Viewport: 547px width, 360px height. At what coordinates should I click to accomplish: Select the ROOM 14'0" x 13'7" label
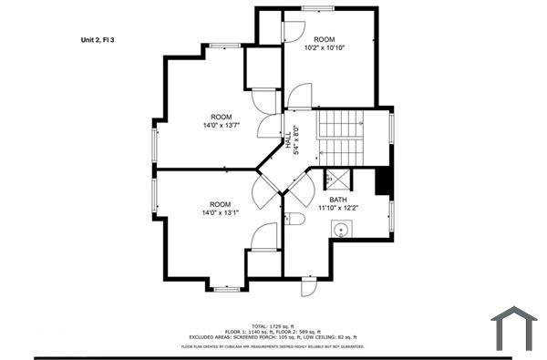pyautogui.click(x=221, y=122)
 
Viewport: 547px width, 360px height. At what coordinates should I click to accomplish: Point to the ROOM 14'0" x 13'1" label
pyautogui.click(x=220, y=209)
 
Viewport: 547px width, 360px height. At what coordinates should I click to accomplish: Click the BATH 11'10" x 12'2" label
pyautogui.click(x=338, y=203)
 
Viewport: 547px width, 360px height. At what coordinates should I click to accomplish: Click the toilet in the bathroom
pyautogui.click(x=294, y=219)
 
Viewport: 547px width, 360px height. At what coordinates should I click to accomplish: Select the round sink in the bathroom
pyautogui.click(x=345, y=231)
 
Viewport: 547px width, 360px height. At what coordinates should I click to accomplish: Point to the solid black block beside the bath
pyautogui.click(x=383, y=181)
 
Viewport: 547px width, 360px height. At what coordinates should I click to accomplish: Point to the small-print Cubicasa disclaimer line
pyautogui.click(x=273, y=346)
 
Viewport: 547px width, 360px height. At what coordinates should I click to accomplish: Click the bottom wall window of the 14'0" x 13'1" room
pyautogui.click(x=225, y=288)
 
